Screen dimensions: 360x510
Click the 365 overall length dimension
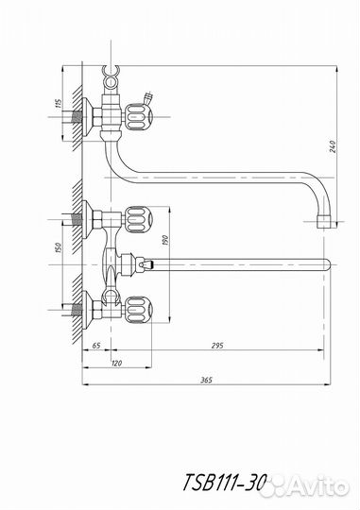(x=207, y=380)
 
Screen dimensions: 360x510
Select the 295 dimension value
(x=217, y=346)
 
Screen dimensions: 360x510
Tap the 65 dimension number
(x=96, y=346)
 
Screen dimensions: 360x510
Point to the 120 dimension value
(x=116, y=363)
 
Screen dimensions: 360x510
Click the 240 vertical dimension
(x=333, y=146)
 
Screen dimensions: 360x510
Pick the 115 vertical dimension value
(x=59, y=104)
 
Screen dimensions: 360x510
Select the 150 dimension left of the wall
(x=59, y=248)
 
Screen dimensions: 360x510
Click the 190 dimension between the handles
(x=165, y=240)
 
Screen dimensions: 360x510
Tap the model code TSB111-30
(x=224, y=483)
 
